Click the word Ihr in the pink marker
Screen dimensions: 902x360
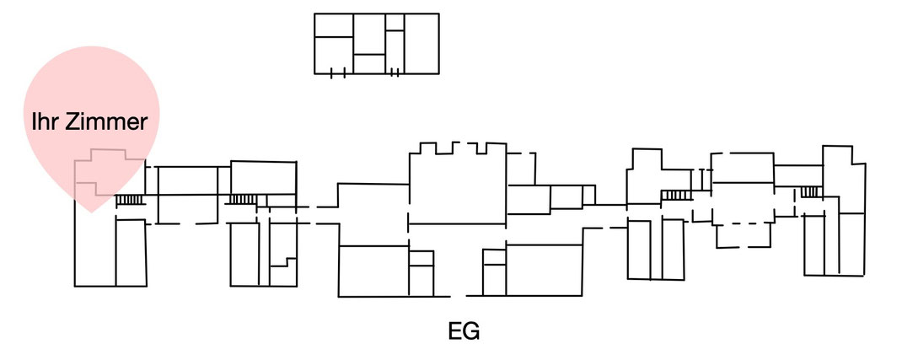click(x=45, y=122)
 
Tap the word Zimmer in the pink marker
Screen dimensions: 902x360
click(x=106, y=122)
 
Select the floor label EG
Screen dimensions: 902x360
click(x=464, y=331)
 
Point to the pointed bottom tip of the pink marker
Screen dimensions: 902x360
click(x=92, y=212)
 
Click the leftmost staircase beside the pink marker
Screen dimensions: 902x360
click(x=130, y=200)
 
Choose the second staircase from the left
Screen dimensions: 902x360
click(x=244, y=200)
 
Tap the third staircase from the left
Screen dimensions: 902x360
click(x=676, y=195)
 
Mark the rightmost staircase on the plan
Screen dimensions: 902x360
click(x=809, y=191)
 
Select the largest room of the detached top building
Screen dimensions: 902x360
click(x=421, y=44)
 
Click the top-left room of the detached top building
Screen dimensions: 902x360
click(x=334, y=25)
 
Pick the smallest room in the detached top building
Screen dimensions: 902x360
click(x=395, y=22)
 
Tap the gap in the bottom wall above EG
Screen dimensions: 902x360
click(x=458, y=296)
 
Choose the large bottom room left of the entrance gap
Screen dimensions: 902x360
click(x=374, y=271)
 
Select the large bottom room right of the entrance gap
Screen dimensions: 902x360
click(x=544, y=271)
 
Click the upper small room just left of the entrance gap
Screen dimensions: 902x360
click(x=421, y=258)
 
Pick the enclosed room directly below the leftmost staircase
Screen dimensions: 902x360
click(x=132, y=252)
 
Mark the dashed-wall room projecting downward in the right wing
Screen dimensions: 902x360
click(x=744, y=234)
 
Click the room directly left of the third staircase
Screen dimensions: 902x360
click(x=644, y=176)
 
